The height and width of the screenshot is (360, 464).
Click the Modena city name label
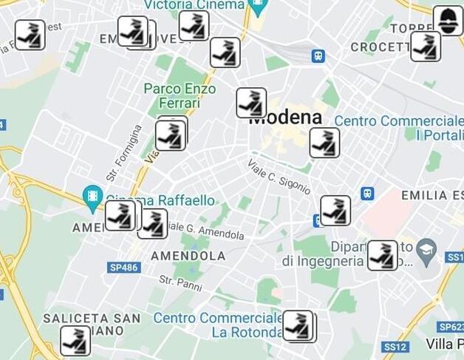point(288,118)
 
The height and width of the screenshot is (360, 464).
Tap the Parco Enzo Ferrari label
point(180,96)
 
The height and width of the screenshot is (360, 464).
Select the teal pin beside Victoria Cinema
point(258,7)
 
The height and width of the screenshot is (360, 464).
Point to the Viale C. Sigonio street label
point(279,177)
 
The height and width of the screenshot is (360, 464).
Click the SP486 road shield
point(123,267)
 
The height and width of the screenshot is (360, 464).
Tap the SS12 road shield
point(395,346)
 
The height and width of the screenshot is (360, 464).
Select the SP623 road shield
point(450,326)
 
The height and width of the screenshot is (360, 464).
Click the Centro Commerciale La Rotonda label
point(217,325)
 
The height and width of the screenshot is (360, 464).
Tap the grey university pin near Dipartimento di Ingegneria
point(426,249)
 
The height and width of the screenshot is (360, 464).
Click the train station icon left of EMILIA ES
point(367,194)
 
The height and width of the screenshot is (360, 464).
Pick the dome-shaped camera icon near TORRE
point(448,20)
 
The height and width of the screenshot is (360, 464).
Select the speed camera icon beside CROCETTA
point(426,47)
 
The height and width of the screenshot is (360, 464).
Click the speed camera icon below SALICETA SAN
point(75,341)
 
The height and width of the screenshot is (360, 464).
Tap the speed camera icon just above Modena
point(251,103)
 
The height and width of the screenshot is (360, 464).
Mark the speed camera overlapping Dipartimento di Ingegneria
point(382,255)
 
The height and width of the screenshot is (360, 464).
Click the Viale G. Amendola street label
point(206,231)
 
